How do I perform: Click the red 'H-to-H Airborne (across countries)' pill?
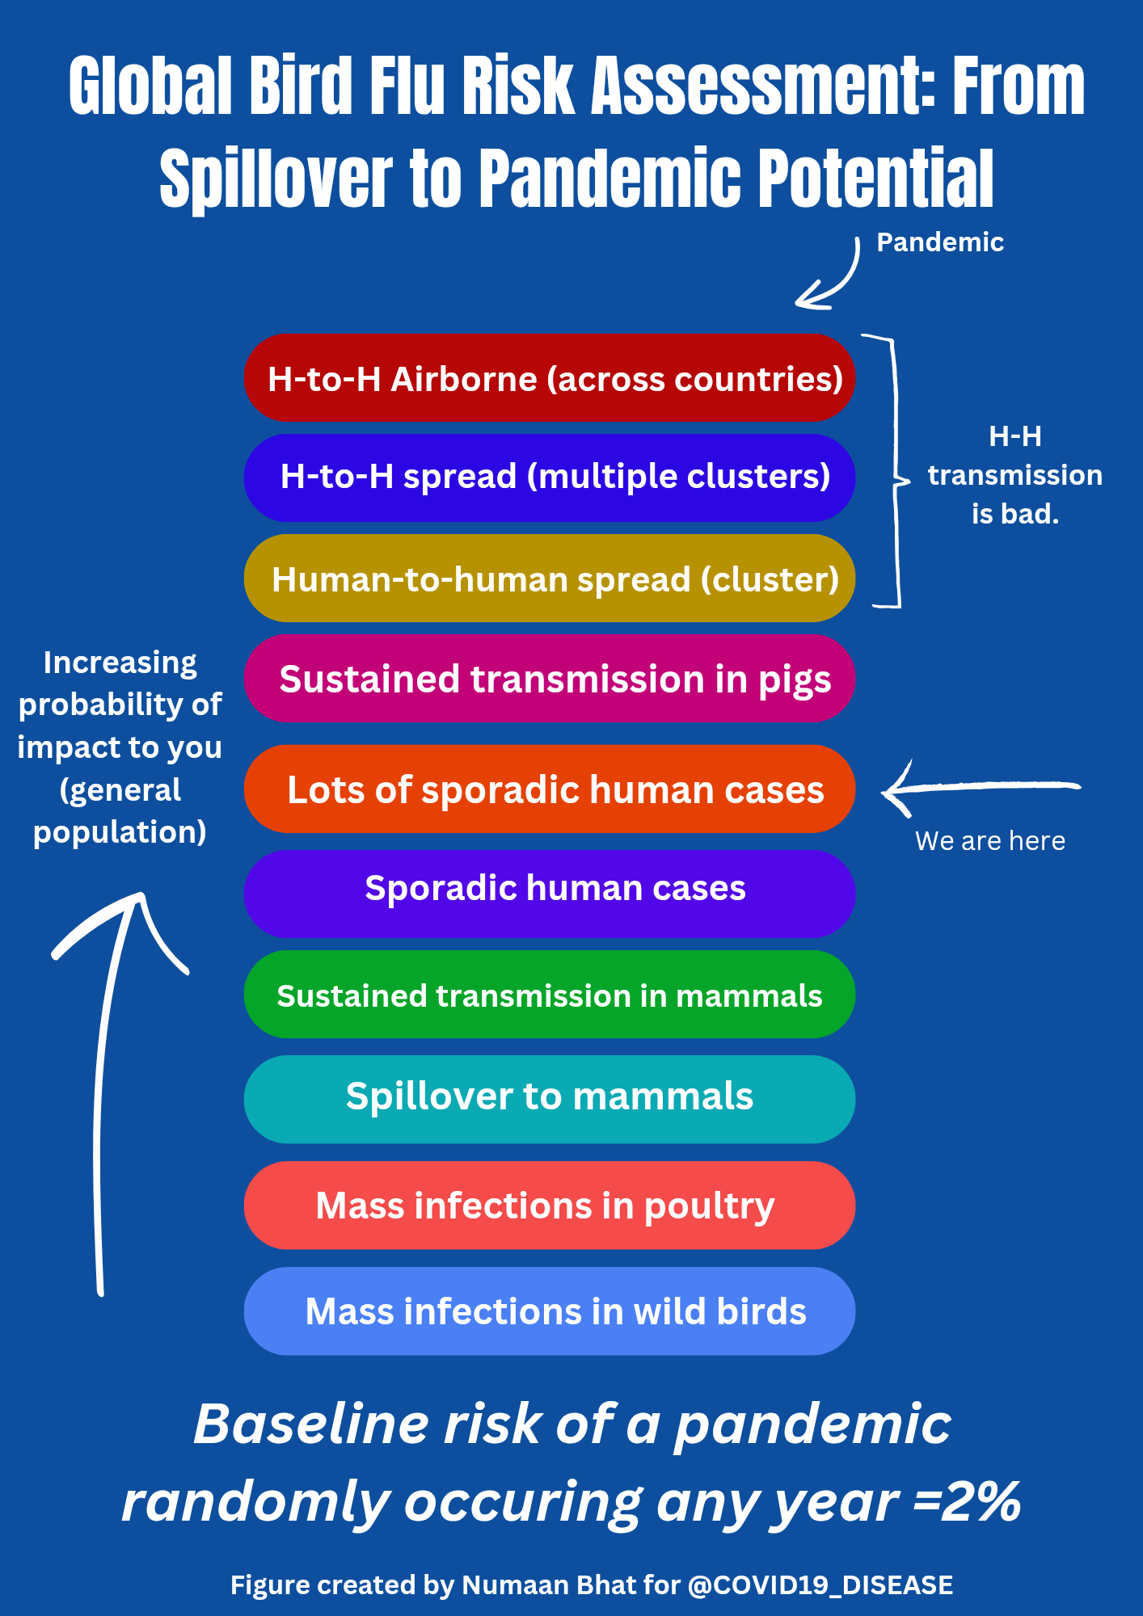click(x=550, y=378)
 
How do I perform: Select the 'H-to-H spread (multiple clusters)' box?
click(x=550, y=478)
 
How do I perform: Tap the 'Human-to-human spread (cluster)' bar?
click(x=550, y=579)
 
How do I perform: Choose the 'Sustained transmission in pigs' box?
click(x=550, y=679)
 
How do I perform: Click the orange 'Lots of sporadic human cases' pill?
click(x=550, y=789)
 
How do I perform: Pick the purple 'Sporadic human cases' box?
click(x=550, y=893)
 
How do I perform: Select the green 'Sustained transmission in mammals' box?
click(x=550, y=995)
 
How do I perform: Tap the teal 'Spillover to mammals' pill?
click(x=550, y=1099)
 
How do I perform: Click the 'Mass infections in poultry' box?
click(x=550, y=1206)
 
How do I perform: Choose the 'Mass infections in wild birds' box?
click(x=550, y=1311)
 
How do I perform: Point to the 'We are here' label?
click(x=990, y=841)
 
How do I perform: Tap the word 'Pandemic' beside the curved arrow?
click(x=940, y=242)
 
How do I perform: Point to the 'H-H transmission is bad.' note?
click(x=1015, y=475)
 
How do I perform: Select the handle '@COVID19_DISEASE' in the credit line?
click(x=820, y=1585)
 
